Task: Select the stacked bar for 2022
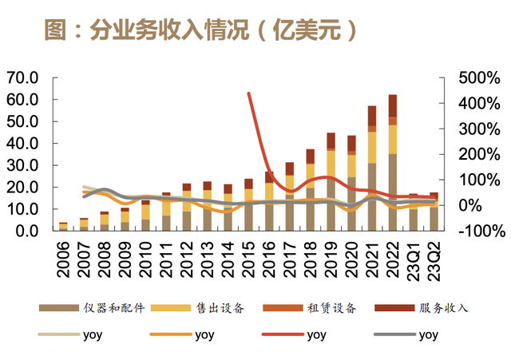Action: click(x=393, y=164)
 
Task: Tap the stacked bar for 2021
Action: click(x=372, y=169)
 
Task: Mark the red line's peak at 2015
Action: click(x=248, y=94)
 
